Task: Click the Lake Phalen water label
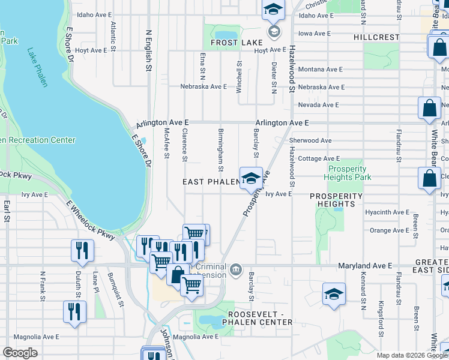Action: [35, 67]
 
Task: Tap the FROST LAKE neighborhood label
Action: [237, 43]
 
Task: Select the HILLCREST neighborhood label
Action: [376, 37]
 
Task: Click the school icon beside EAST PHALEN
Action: [250, 178]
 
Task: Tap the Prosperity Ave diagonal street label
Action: [256, 193]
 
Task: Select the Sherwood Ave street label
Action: [310, 140]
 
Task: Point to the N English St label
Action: [148, 51]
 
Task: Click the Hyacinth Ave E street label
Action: [387, 212]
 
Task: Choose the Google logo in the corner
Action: [20, 353]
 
